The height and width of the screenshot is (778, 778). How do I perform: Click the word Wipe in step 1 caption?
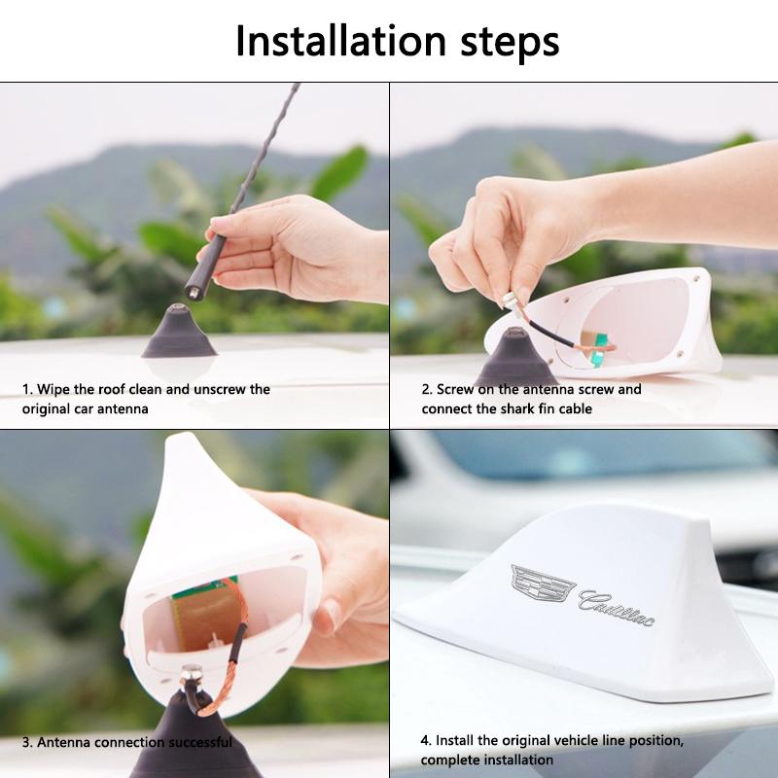[55, 389]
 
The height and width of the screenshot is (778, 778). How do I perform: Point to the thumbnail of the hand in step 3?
[331, 615]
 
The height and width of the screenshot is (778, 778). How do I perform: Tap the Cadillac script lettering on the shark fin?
[617, 605]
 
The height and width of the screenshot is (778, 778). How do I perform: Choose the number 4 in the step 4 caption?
[425, 740]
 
